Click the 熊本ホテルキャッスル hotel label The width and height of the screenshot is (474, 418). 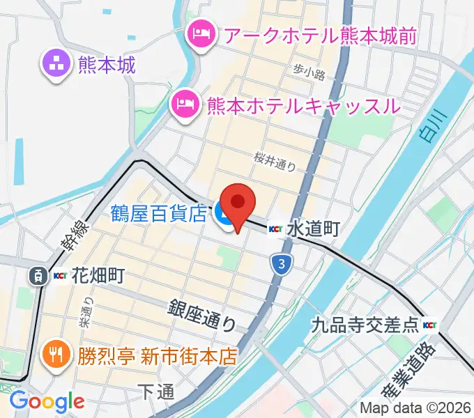pyautogui.click(x=303, y=106)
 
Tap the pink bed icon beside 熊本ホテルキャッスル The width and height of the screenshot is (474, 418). pyautogui.click(x=185, y=106)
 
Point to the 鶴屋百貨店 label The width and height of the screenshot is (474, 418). pyautogui.click(x=159, y=212)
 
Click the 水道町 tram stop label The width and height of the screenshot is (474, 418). pyautogui.click(x=312, y=229)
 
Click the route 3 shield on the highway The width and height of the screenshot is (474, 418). pyautogui.click(x=280, y=263)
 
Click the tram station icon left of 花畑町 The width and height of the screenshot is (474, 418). pyautogui.click(x=38, y=276)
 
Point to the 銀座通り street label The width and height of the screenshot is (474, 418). pyautogui.click(x=203, y=315)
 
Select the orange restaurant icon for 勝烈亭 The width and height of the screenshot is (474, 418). pyautogui.click(x=54, y=356)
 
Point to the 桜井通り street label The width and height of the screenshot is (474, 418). pyautogui.click(x=276, y=162)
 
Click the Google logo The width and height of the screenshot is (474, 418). pyautogui.click(x=47, y=401)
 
